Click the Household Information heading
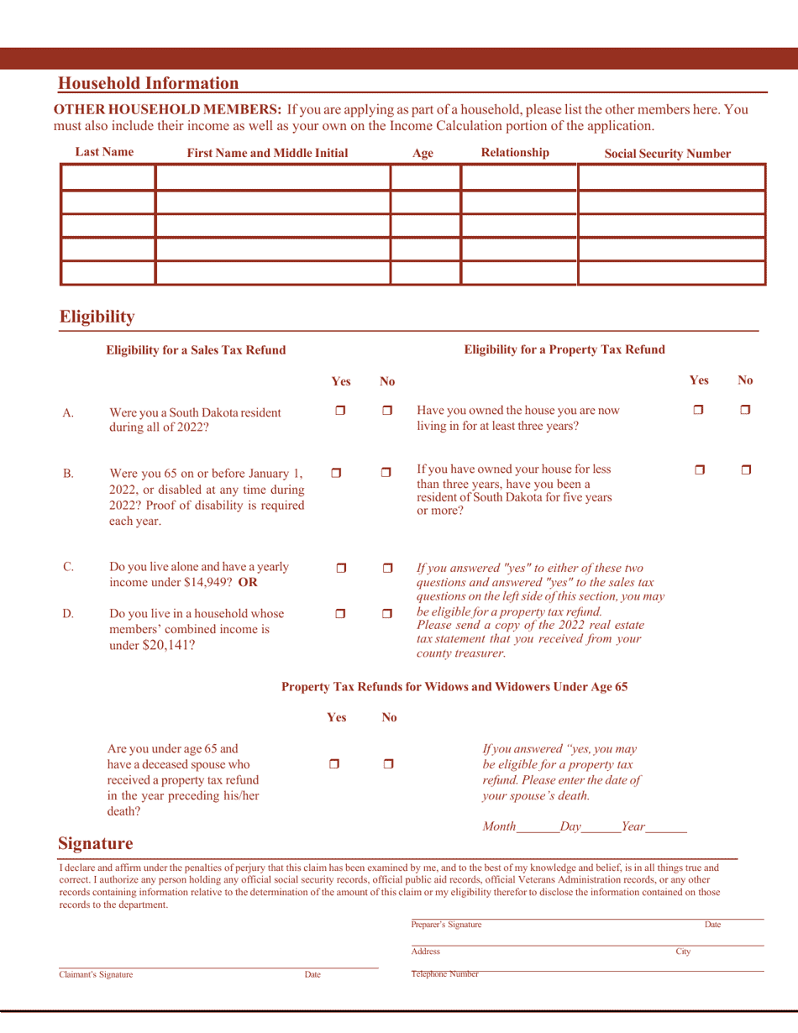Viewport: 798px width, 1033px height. pos(148,83)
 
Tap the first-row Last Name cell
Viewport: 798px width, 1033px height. pos(108,178)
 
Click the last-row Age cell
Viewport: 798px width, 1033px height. pos(426,273)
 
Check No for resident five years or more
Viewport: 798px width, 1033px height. pos(746,475)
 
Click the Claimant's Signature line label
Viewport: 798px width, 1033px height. pos(95,975)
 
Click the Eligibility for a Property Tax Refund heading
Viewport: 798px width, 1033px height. pos(564,349)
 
